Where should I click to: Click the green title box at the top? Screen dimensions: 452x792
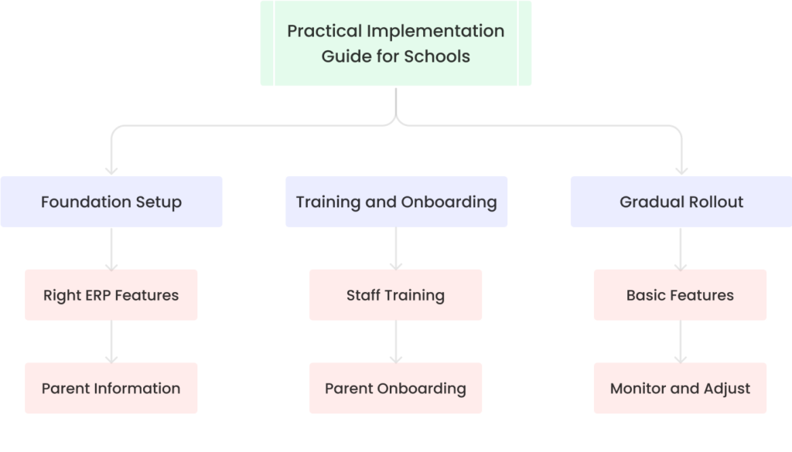[395, 43]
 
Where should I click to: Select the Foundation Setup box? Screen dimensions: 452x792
[111, 202]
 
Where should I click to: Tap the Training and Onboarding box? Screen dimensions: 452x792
[396, 202]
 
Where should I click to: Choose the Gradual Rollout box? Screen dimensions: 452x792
[681, 202]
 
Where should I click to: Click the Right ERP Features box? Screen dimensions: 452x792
[111, 295]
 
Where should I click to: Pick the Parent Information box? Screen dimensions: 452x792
[111, 388]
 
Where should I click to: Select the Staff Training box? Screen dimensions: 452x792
[395, 295]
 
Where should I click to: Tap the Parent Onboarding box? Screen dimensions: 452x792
[395, 388]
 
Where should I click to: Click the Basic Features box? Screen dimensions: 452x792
[680, 295]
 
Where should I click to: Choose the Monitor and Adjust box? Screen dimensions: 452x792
[680, 388]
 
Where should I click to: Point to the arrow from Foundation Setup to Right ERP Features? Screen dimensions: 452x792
[111, 248]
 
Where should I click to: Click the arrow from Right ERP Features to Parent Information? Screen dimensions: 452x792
[111, 342]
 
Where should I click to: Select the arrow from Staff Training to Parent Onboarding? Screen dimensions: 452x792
[396, 342]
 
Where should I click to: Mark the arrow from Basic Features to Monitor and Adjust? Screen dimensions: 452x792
[681, 342]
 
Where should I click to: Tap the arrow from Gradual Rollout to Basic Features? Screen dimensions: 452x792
[681, 248]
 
